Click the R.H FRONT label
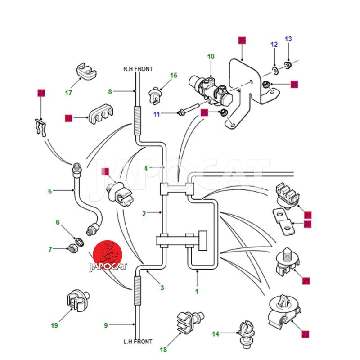tap(138, 69)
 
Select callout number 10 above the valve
tap(211, 57)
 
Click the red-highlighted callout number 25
tap(242, 41)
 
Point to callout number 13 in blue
tap(288, 39)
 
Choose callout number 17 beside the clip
tap(68, 93)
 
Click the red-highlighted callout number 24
tap(41, 93)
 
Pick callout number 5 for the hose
tap(50, 191)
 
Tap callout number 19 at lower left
tap(54, 325)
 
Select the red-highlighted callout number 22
tap(306, 334)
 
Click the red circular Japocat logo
tap(108, 254)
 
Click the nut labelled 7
tap(72, 248)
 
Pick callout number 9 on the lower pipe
tap(106, 325)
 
